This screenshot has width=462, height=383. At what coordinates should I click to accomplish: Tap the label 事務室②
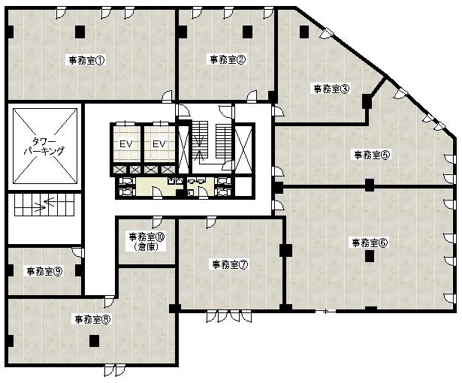point(228,59)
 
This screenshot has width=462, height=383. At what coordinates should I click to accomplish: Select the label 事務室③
point(331,88)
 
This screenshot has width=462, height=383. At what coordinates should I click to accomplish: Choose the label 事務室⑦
point(229,264)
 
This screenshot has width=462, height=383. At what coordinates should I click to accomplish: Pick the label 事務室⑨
point(44,271)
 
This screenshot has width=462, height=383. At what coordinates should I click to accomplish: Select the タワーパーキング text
point(44,146)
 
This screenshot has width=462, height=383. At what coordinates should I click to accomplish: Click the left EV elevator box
point(125,143)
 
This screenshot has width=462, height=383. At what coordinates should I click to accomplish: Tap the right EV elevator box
point(159,143)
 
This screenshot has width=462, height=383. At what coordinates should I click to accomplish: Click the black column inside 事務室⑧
point(94,340)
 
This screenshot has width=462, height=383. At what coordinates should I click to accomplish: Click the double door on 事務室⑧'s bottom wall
point(115,370)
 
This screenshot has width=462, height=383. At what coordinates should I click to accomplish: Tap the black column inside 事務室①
point(80,31)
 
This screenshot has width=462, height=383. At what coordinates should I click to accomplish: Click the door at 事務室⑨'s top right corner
point(77,252)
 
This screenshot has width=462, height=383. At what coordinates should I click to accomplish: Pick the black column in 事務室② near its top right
point(247,30)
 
